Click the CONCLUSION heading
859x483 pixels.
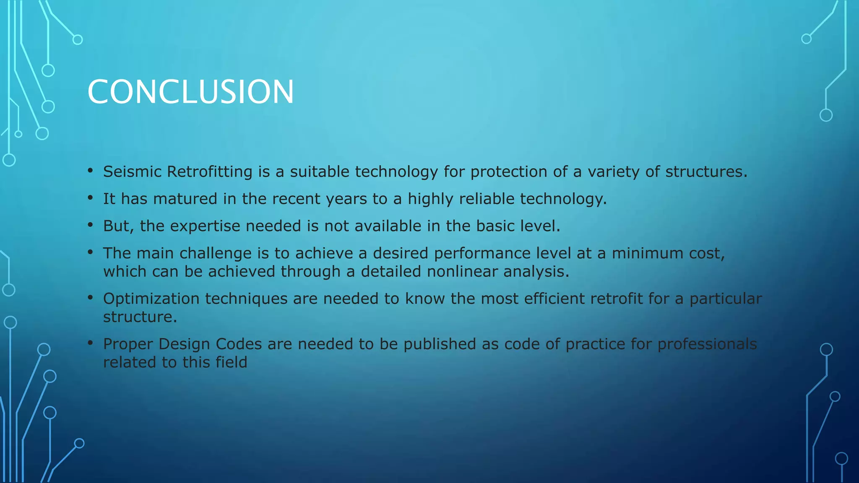point(190,92)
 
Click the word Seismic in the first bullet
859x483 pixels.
point(132,171)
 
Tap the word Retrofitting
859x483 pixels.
point(210,171)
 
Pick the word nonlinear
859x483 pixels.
point(462,272)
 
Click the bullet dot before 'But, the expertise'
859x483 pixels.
point(90,225)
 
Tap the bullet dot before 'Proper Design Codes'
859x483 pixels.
point(90,343)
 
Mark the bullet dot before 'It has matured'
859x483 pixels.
point(90,198)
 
